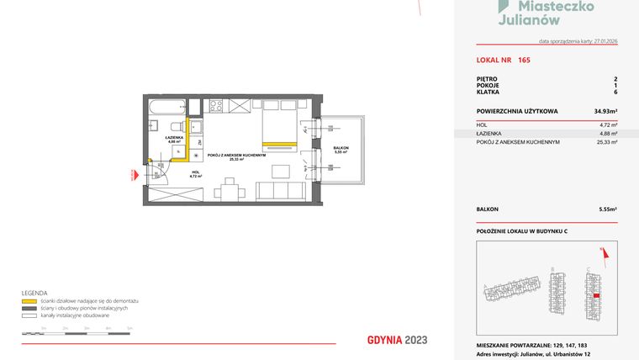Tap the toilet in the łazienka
point(152,126)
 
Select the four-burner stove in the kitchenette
point(214,106)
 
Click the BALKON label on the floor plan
point(341,148)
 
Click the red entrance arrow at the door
point(132,175)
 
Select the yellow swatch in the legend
point(28,300)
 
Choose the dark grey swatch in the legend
point(28,307)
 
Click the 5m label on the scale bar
point(129,327)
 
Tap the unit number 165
point(524,60)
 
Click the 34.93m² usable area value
point(605,111)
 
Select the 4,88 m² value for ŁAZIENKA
point(607,134)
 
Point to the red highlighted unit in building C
point(597,295)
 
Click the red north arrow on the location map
point(602,250)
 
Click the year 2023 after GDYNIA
point(415,340)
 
